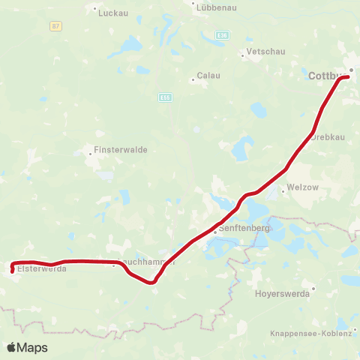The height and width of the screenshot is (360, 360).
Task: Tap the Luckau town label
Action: coord(110,13)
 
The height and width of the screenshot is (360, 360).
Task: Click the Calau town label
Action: coord(208,76)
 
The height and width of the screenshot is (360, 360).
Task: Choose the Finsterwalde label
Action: coord(121,149)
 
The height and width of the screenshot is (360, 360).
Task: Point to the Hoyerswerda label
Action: coord(282,294)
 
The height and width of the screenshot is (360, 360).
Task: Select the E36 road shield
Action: coord(222,34)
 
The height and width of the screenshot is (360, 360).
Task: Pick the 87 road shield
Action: coord(56,25)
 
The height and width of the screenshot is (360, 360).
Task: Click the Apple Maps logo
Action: coord(27,347)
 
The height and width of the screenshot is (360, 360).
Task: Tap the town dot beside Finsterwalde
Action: coord(89,153)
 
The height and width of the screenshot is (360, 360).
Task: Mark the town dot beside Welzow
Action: coord(282,190)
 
